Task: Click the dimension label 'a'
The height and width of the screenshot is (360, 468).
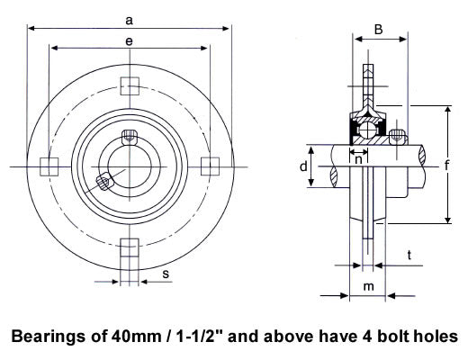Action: tap(129, 21)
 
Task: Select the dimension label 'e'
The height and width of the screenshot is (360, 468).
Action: tap(129, 41)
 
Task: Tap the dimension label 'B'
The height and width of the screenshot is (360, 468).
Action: tap(379, 30)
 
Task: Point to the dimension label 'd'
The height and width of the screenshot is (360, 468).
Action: tap(303, 166)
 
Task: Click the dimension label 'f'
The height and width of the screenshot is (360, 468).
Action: tap(446, 165)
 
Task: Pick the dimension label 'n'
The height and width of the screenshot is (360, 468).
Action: tap(358, 160)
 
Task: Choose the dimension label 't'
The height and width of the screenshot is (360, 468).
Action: tap(409, 256)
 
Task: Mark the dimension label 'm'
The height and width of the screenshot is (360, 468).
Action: tap(369, 286)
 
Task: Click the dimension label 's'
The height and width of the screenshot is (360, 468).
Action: tap(166, 274)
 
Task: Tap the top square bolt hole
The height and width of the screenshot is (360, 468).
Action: tap(130, 86)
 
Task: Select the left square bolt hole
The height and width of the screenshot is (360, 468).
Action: tap(49, 166)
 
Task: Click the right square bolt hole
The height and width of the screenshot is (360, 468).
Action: tap(210, 166)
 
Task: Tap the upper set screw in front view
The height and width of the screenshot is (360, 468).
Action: tap(130, 138)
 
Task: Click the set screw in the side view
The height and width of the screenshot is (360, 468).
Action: tap(397, 137)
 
